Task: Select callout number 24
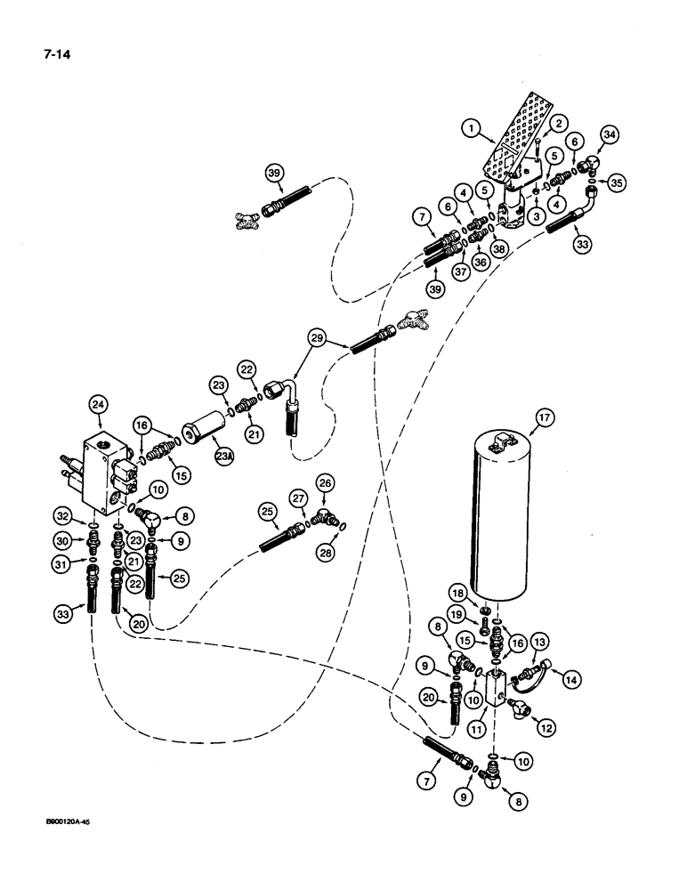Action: coord(99,409)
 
